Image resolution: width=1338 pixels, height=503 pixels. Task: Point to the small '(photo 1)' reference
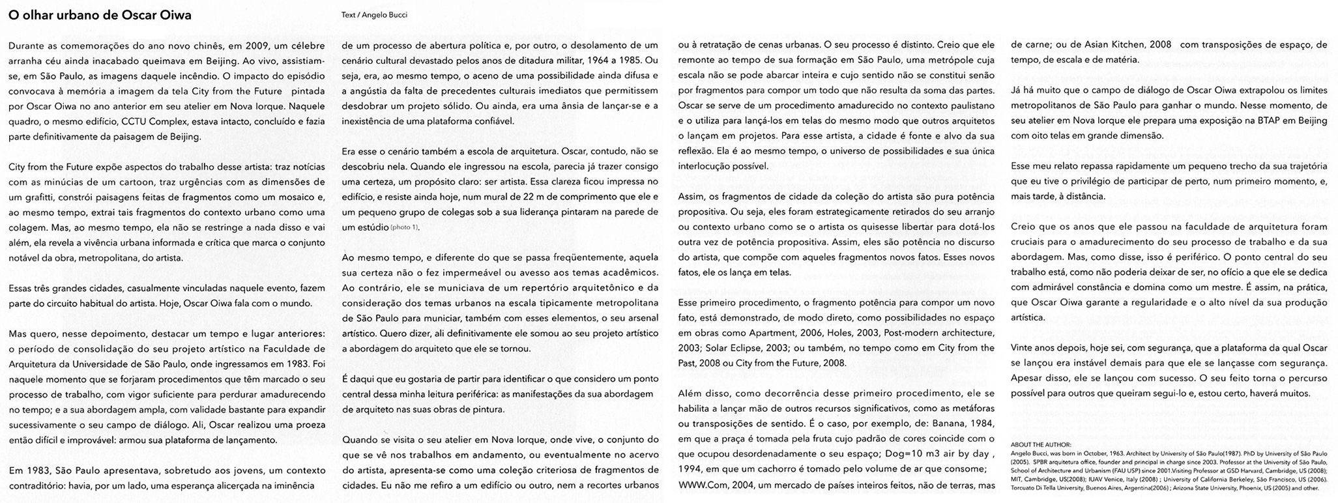tap(405, 227)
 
